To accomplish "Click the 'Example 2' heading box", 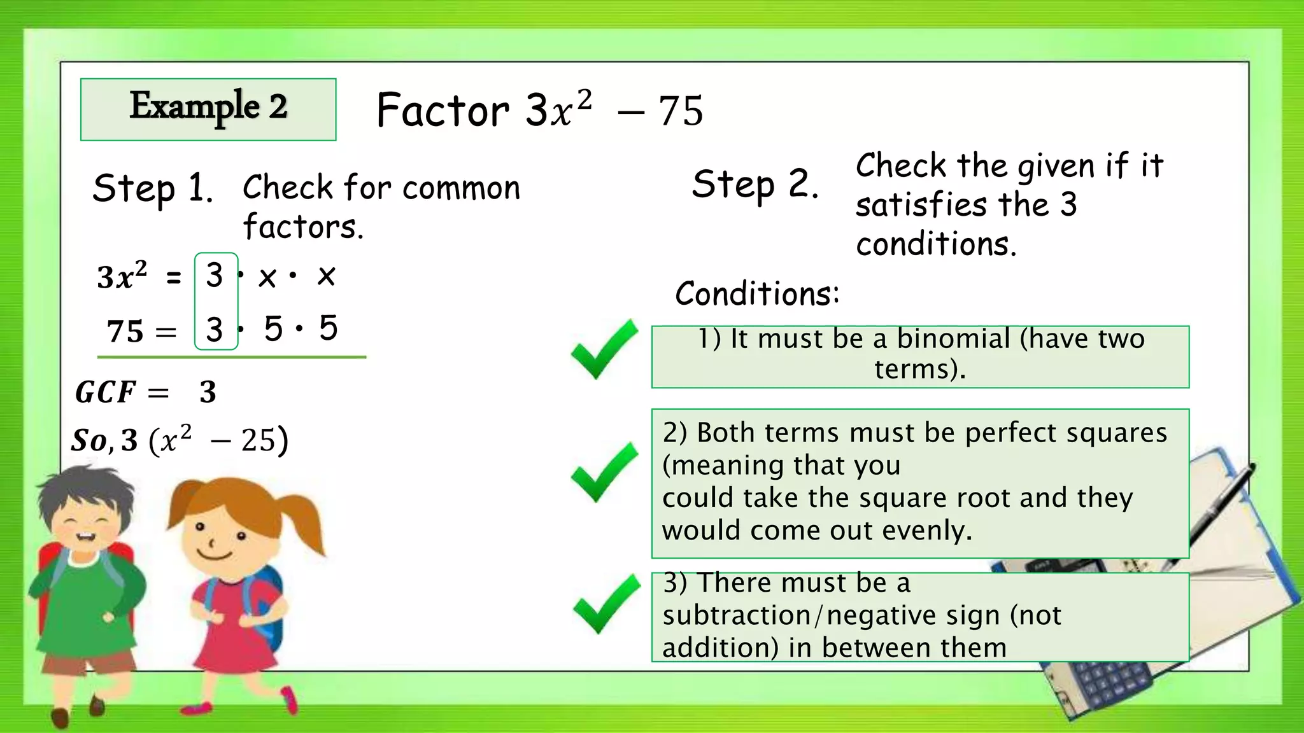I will (208, 109).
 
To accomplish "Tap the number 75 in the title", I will (681, 111).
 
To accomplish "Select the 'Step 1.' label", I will (152, 189).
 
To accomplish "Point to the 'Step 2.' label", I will (755, 185).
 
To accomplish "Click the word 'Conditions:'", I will (757, 293).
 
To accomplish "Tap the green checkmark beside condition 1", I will (604, 349).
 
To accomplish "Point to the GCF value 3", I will (208, 392).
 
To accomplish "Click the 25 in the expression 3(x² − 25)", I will (258, 440).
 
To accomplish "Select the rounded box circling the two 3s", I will (216, 302).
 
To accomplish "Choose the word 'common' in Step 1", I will (461, 188).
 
